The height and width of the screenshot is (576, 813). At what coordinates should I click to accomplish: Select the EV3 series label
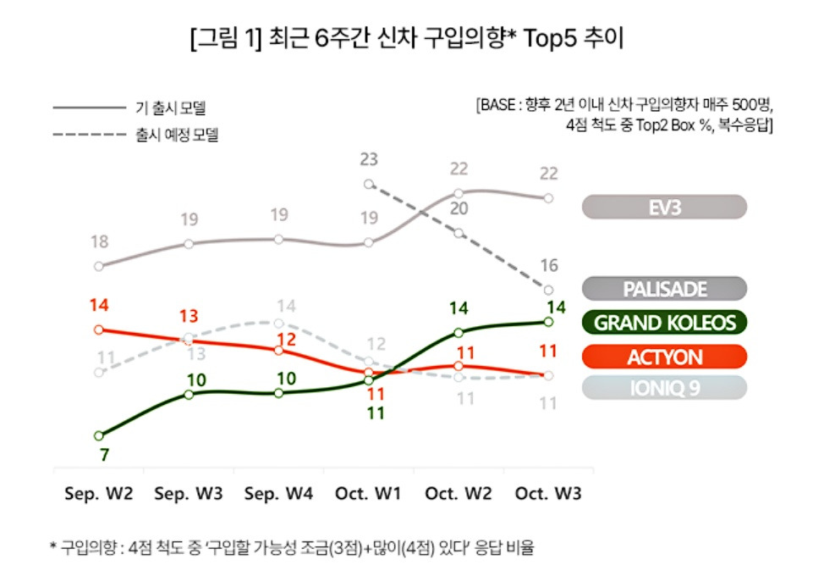[x=664, y=208]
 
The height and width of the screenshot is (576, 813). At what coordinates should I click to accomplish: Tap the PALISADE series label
[x=664, y=289]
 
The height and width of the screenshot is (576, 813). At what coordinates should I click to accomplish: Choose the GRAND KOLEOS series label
[x=664, y=323]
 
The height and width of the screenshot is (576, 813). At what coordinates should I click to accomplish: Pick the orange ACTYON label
[x=664, y=357]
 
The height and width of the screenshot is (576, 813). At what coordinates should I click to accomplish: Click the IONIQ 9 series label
[x=664, y=388]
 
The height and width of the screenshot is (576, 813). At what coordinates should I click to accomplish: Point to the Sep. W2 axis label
[x=99, y=493]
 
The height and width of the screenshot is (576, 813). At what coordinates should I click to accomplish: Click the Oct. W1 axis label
[x=368, y=493]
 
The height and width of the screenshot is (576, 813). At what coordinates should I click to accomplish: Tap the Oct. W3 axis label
[x=548, y=493]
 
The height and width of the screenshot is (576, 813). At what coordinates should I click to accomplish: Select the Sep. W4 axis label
[x=278, y=493]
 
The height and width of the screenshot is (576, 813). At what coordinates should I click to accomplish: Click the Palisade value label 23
[x=368, y=159]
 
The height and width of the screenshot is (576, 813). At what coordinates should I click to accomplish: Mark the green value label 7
[x=103, y=455]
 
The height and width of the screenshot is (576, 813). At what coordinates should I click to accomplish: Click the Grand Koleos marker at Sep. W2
[x=99, y=435]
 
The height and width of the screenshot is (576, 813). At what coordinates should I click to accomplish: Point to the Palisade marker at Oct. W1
[x=368, y=184]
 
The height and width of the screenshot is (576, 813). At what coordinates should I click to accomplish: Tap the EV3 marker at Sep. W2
[x=99, y=266]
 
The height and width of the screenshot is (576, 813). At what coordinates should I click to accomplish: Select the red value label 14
[x=99, y=305]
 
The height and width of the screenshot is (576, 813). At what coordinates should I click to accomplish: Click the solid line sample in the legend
[x=89, y=108]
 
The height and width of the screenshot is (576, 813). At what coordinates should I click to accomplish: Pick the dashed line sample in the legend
[x=89, y=134]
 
